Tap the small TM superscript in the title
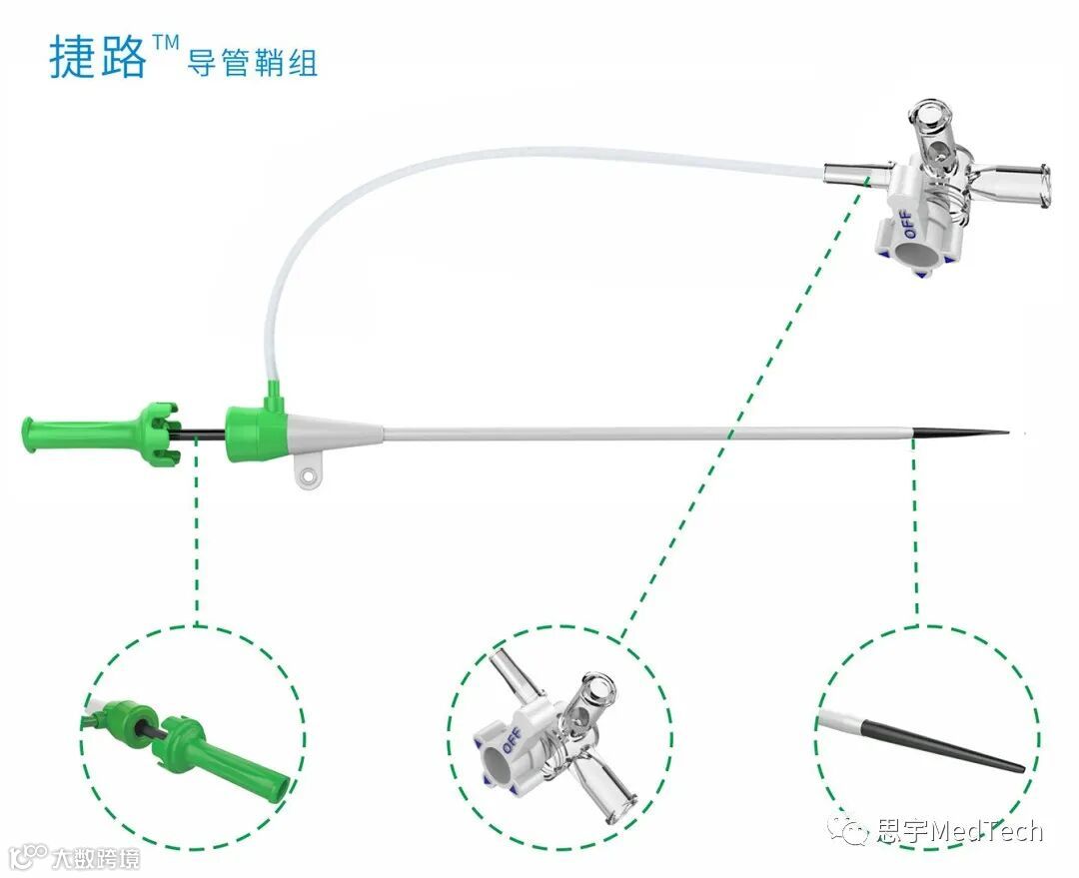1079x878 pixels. [165, 43]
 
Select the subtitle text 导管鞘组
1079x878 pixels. [252, 63]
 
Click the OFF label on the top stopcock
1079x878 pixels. [906, 225]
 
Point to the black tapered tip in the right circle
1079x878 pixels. [943, 745]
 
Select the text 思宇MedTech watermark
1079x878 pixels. [960, 831]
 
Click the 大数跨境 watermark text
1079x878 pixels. [96, 858]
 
